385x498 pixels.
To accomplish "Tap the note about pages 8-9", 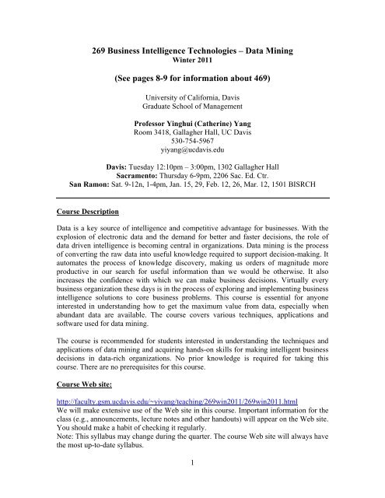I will (192, 79).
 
